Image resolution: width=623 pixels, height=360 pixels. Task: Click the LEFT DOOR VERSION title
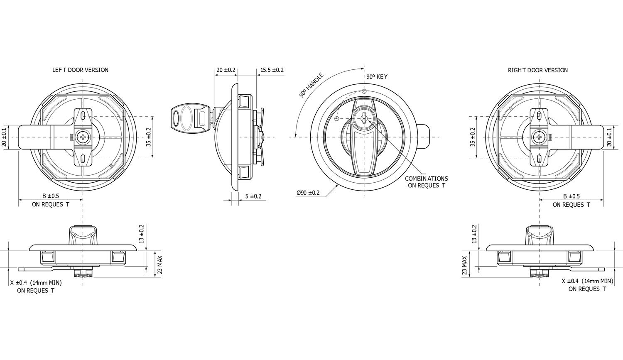click(x=80, y=70)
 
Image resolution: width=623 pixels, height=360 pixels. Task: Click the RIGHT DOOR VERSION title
click(x=537, y=70)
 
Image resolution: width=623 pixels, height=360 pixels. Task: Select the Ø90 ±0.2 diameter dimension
click(x=308, y=193)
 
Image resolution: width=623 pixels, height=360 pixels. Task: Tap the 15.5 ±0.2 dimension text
click(x=272, y=70)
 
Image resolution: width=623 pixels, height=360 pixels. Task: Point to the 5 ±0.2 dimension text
click(x=253, y=196)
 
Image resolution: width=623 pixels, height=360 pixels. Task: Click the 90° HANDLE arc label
click(x=311, y=86)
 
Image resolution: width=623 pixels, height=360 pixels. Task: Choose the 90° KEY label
click(x=376, y=77)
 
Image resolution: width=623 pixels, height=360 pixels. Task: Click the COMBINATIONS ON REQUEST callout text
click(x=426, y=182)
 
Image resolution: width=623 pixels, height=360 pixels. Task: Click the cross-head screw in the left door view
click(x=83, y=137)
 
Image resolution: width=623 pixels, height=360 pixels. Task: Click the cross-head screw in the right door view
click(x=539, y=137)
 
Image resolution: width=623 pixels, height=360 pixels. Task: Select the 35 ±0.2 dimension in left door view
click(x=149, y=137)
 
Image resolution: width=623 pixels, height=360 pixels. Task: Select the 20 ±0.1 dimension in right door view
click(x=609, y=137)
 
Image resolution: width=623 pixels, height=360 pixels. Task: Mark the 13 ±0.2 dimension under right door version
click(x=474, y=234)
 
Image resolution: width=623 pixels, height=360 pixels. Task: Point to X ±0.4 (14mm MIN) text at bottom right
click(x=587, y=281)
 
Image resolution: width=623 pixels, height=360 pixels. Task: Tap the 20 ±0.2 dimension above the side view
click(x=226, y=70)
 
